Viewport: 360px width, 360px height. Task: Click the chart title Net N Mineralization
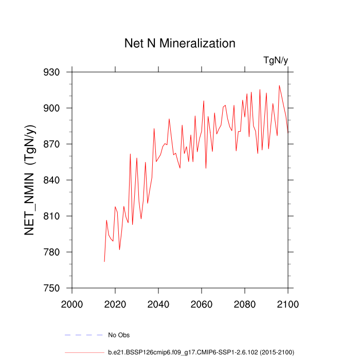[180, 43]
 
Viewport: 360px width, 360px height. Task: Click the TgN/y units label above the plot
[276, 61]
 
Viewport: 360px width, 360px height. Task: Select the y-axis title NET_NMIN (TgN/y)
[30, 180]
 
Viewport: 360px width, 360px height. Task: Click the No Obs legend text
[119, 335]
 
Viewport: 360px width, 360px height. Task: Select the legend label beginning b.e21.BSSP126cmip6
[201, 352]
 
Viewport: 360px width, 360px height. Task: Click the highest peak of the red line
[279, 85]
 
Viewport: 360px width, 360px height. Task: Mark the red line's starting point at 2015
[104, 262]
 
